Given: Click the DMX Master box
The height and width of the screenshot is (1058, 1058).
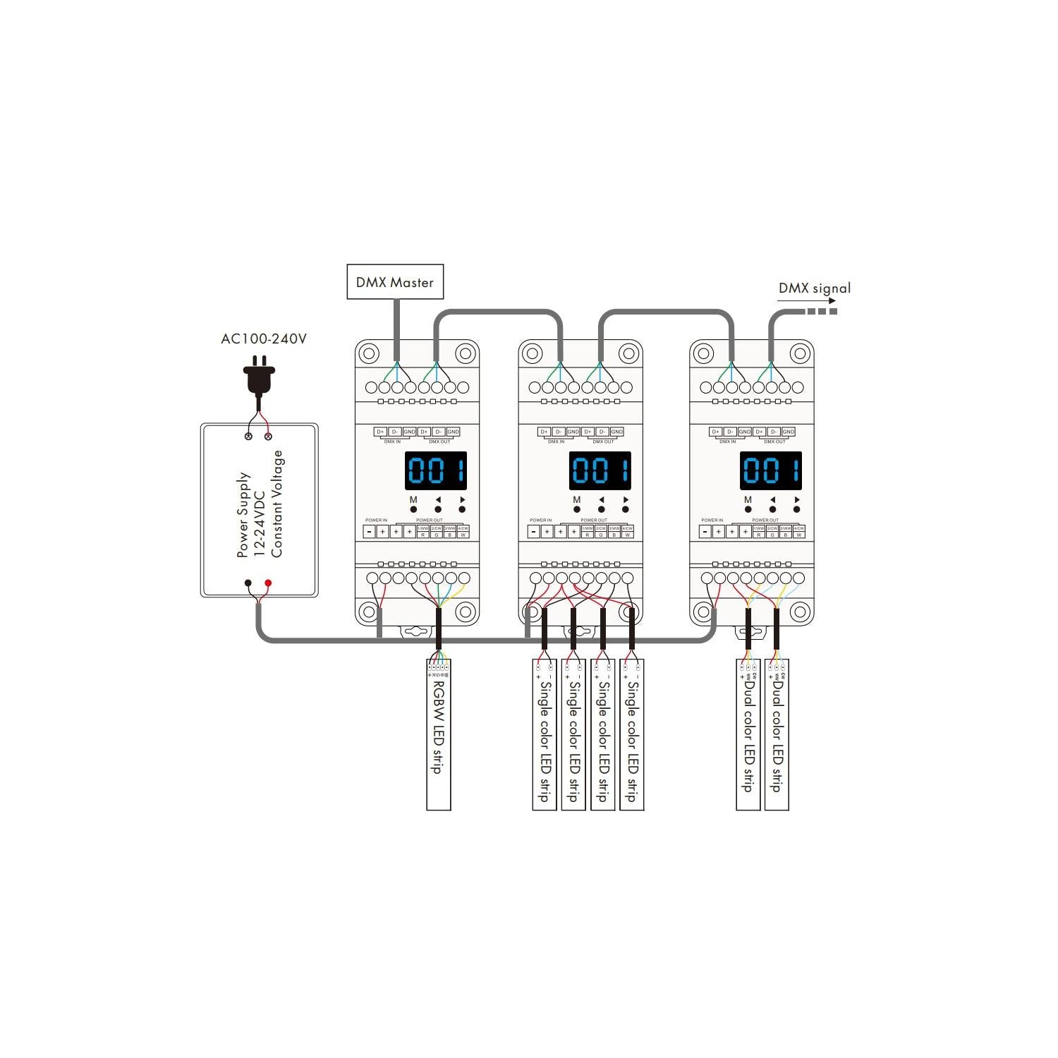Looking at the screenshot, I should [x=395, y=282].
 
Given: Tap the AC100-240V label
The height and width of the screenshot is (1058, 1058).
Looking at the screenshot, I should [x=264, y=339].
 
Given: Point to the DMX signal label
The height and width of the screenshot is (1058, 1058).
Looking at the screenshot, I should [x=814, y=288].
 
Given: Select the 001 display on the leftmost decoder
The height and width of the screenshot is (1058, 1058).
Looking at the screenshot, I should [x=436, y=470].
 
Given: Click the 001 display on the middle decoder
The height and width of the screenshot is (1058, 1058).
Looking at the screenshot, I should [x=600, y=470].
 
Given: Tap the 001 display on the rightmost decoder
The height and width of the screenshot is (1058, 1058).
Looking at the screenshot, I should [x=771, y=470].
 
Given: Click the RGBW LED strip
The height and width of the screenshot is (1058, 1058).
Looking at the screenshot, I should [x=438, y=734].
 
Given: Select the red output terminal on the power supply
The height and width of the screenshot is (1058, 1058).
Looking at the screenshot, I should [x=268, y=583].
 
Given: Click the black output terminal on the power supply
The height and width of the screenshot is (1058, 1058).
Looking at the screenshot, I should [x=248, y=583].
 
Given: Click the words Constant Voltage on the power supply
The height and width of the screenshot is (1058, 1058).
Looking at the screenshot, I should [x=277, y=504].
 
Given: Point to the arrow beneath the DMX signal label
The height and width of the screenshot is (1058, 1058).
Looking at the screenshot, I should [x=807, y=301].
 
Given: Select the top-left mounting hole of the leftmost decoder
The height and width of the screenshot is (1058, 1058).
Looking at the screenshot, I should [x=370, y=353].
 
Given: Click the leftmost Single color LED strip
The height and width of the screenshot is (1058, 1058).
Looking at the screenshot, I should [x=544, y=734].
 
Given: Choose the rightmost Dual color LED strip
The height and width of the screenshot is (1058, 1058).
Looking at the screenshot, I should [x=777, y=734].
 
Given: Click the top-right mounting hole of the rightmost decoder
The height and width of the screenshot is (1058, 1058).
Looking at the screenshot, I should [x=800, y=353].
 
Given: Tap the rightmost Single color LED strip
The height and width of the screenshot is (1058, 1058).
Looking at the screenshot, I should [x=631, y=734].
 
